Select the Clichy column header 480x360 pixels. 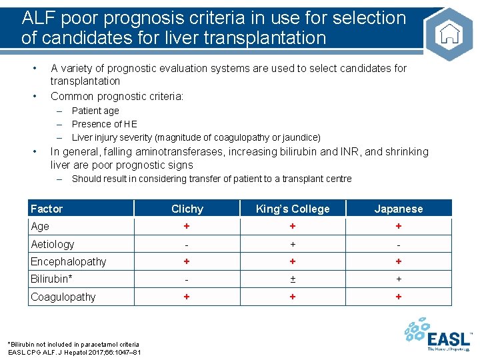[x=187, y=209]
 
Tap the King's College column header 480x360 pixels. [x=293, y=209]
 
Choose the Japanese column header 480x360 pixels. [x=399, y=209]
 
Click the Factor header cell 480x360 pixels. [x=47, y=209]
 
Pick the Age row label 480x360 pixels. [x=41, y=227]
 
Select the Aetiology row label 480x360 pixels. [x=53, y=244]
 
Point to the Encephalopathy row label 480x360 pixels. [x=68, y=261]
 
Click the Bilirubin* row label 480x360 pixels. [x=51, y=279]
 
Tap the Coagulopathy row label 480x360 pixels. [x=63, y=297]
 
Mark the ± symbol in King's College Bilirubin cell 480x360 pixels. [x=293, y=279]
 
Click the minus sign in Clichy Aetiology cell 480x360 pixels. [x=187, y=245]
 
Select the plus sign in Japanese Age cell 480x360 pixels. [x=399, y=227]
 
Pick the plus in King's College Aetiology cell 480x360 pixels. [x=293, y=244]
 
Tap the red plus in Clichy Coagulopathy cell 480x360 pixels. [x=187, y=297]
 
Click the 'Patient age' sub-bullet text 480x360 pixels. [x=95, y=111]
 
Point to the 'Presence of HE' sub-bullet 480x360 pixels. [x=105, y=124]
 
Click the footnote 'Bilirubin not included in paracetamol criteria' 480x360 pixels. [x=73, y=344]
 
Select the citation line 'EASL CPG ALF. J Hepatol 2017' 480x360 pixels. [x=73, y=352]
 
